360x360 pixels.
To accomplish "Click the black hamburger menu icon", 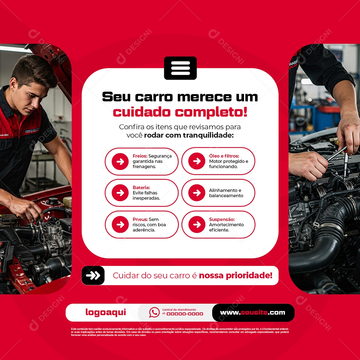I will tap(180, 68).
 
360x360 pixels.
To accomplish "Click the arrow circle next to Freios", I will tap(120, 162).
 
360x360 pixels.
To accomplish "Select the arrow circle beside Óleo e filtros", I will tap(197, 161).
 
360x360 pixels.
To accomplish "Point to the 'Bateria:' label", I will tap(141, 188).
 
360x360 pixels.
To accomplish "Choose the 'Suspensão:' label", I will tap(222, 219).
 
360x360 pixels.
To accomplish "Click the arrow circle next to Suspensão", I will tap(197, 225).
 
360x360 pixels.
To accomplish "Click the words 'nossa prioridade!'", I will tap(235, 276).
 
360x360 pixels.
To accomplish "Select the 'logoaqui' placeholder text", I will tap(106, 312).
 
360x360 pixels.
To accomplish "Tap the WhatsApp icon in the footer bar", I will tap(154, 312).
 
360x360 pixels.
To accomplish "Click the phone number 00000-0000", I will tap(185, 314).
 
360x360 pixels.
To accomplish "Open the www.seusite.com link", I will tap(253, 313).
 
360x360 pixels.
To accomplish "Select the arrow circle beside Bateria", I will tap(120, 193).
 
